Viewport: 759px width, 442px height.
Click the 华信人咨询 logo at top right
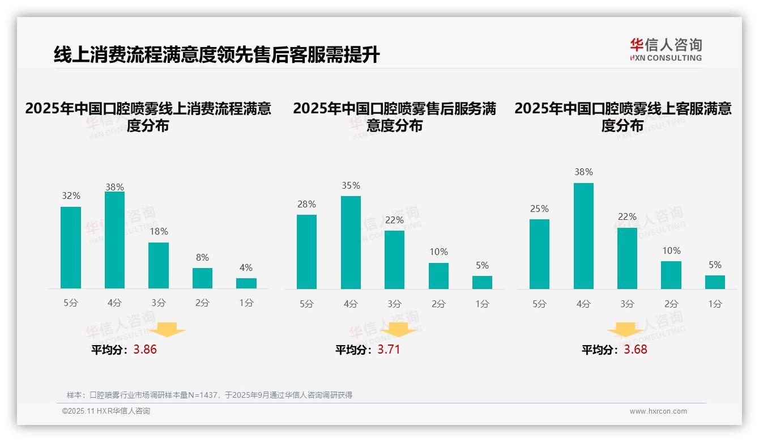(666, 49)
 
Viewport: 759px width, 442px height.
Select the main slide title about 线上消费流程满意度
(216, 55)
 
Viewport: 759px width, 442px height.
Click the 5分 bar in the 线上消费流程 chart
(71, 248)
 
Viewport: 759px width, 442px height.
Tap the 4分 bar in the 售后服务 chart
(351, 243)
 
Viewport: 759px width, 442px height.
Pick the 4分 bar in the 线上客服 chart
(583, 236)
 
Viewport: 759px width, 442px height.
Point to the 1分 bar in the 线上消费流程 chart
(246, 283)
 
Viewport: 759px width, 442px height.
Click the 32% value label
(71, 196)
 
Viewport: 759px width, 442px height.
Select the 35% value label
(351, 186)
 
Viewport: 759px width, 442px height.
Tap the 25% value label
(539, 209)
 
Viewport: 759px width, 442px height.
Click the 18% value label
(159, 232)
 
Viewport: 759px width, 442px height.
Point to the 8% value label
(202, 257)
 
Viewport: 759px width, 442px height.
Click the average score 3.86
(145, 350)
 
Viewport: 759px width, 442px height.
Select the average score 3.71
(389, 350)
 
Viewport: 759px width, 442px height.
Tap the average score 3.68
(635, 350)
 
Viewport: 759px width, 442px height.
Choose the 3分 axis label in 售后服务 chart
(394, 304)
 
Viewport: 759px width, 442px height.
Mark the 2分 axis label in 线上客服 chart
(671, 304)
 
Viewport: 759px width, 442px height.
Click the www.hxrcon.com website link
(658, 411)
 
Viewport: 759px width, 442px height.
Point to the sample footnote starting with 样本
(210, 395)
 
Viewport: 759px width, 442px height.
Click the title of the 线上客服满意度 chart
(622, 117)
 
